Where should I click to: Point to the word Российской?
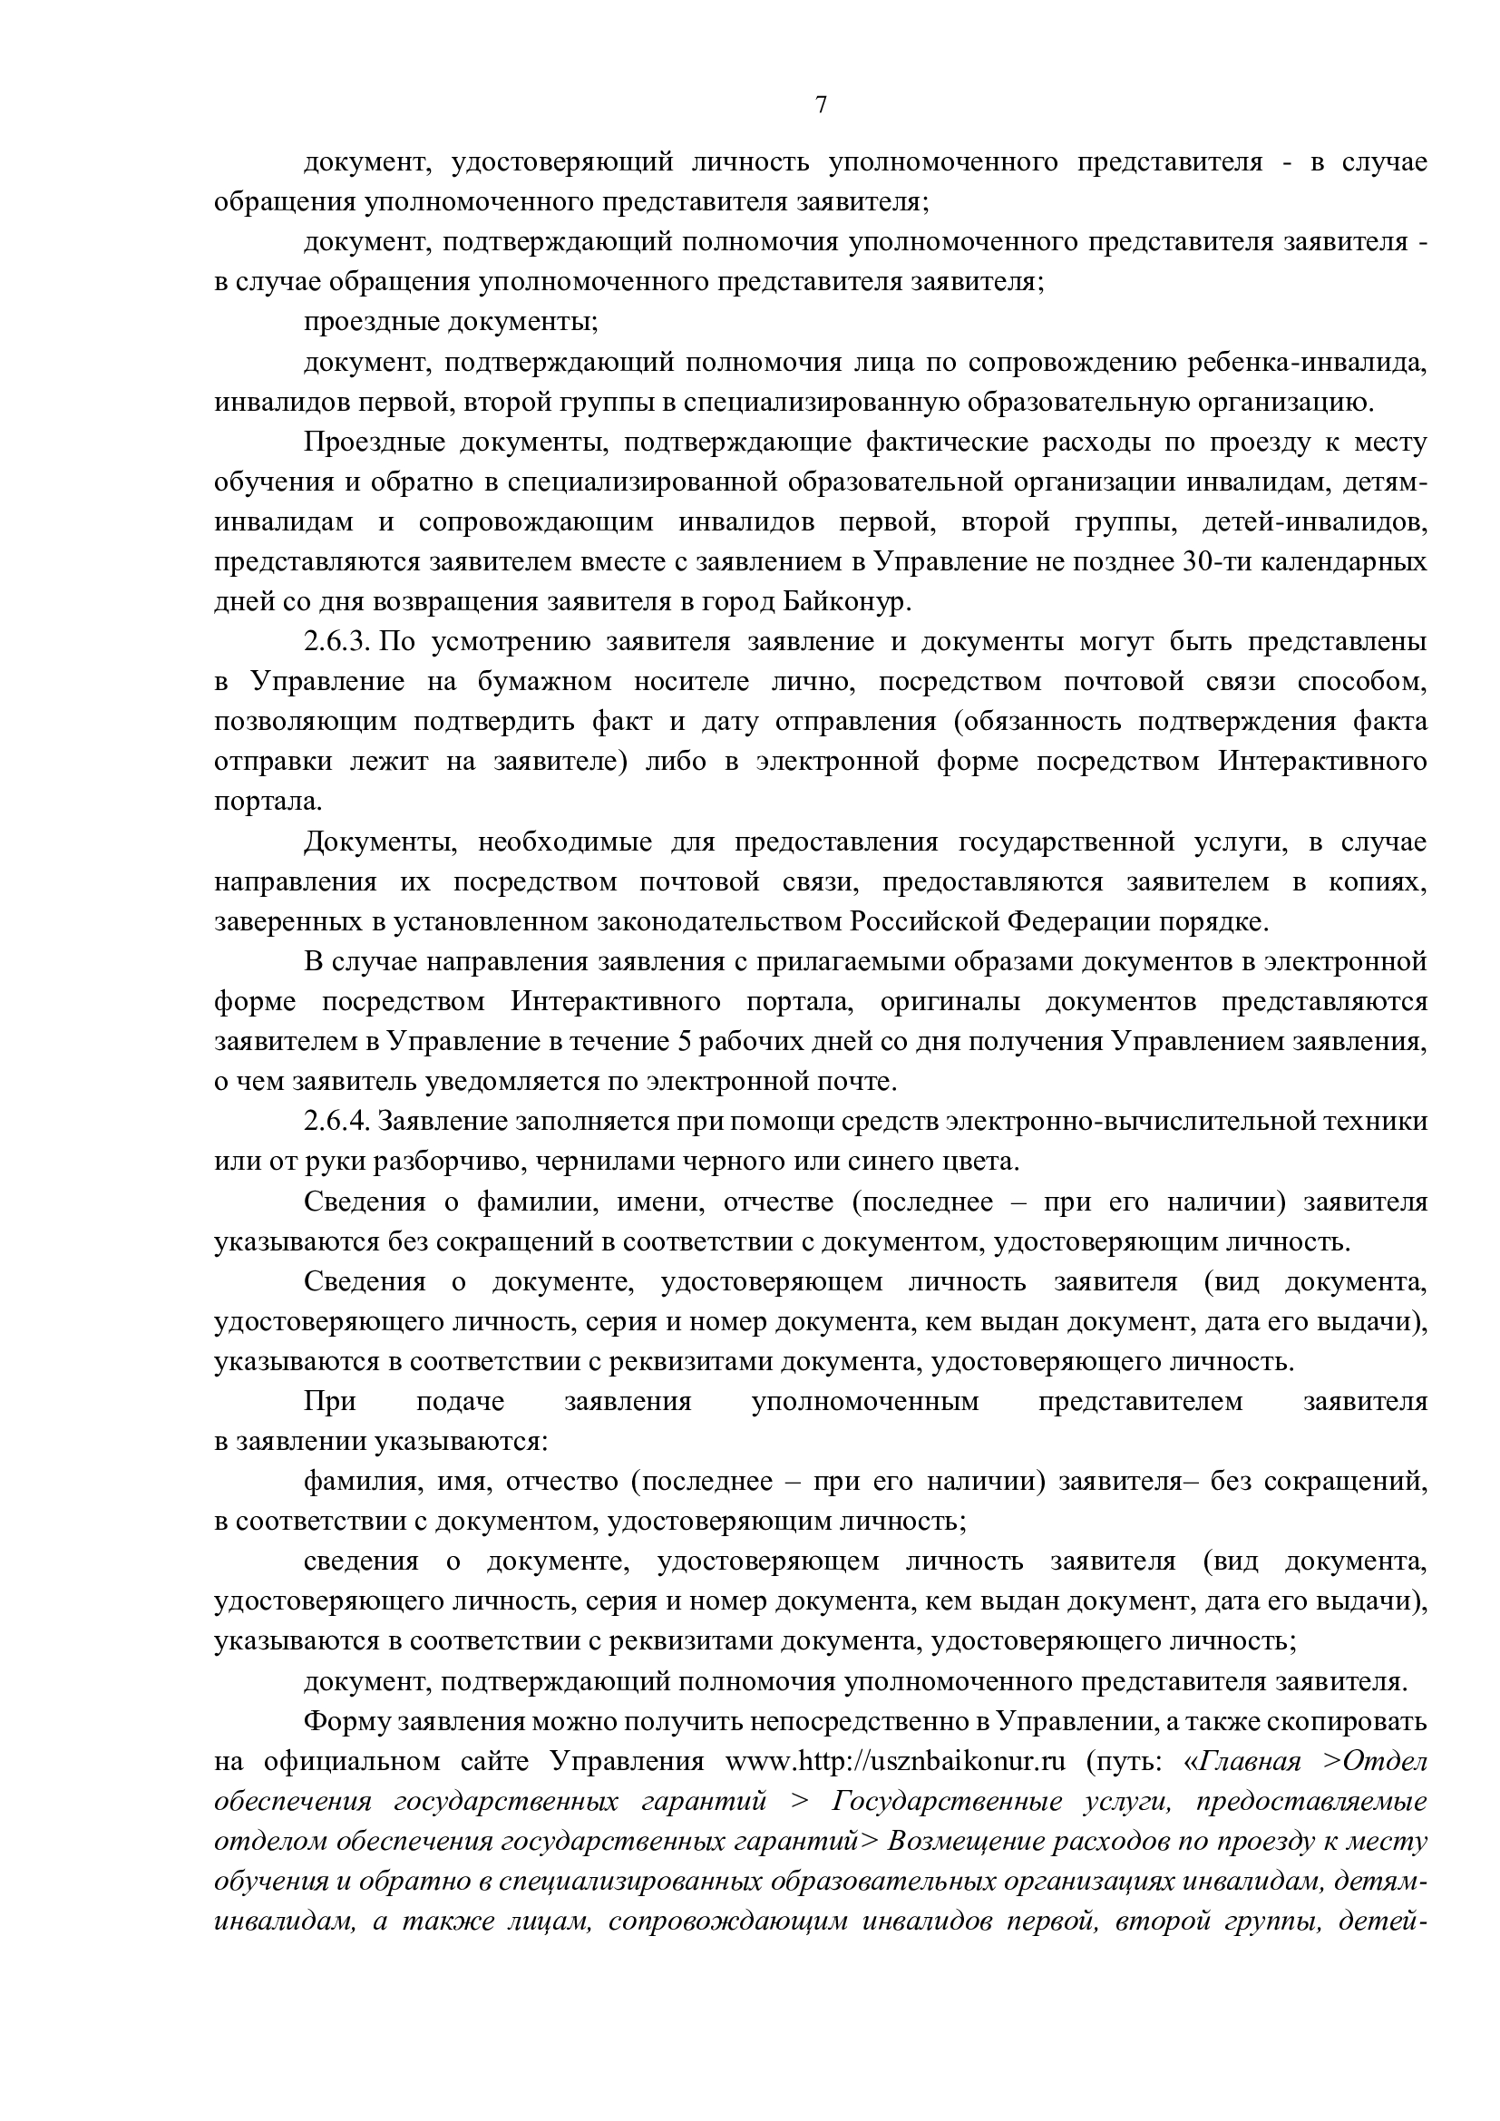923,922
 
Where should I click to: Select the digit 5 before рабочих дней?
685,1042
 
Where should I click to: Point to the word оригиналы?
948,1001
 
